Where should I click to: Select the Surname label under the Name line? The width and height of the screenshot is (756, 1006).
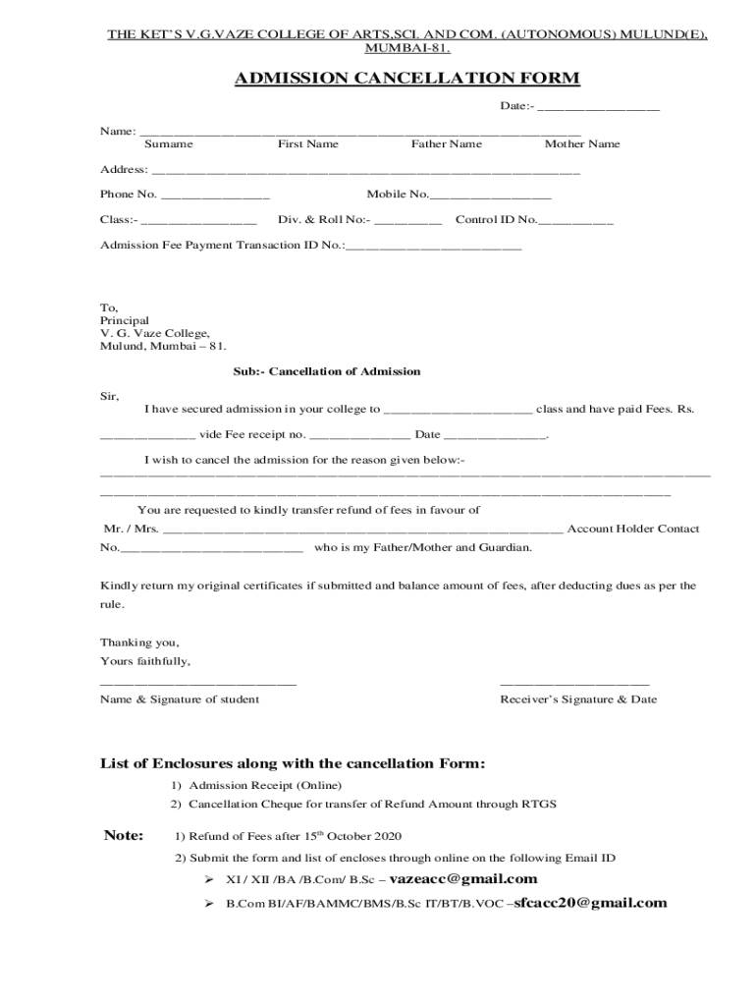point(169,144)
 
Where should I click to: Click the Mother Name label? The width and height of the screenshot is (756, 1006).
point(582,144)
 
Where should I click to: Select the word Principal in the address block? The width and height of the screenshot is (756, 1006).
point(125,320)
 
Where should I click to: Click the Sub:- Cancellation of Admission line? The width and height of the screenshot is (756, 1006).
point(327,371)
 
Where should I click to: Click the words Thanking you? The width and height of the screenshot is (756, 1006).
point(139,643)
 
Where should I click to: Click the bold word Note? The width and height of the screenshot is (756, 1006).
point(124,836)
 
